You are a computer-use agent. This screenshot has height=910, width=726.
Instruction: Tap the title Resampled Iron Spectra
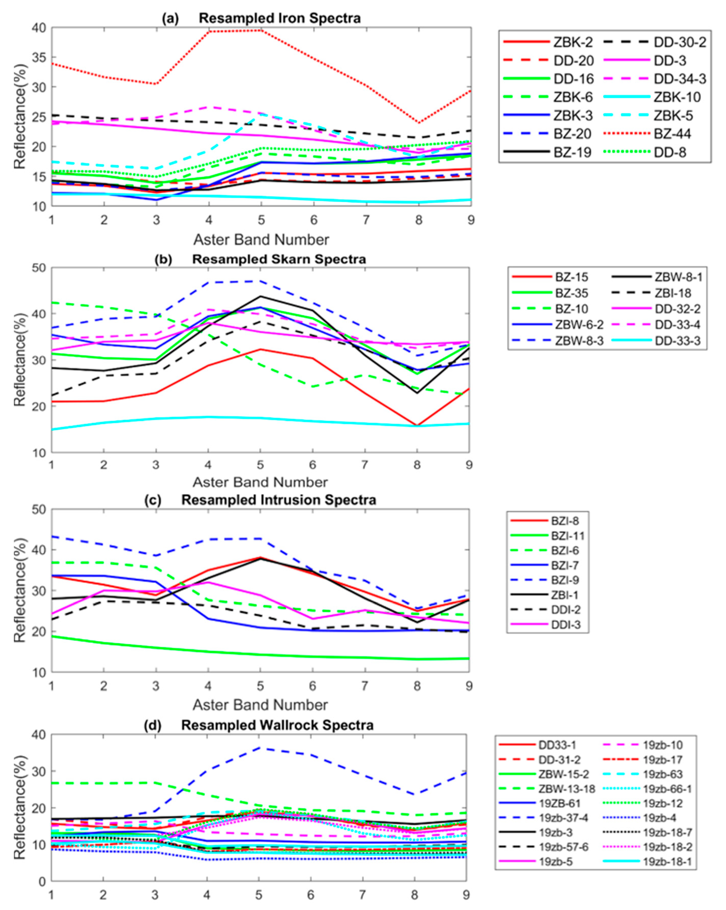[279, 19]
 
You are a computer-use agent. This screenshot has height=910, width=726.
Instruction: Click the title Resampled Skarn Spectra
[279, 259]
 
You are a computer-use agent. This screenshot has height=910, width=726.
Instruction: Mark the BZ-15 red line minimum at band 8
[417, 425]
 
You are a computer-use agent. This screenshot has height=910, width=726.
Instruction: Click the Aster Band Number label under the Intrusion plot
[260, 705]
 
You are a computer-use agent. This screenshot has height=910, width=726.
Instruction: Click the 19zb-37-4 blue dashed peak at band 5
[259, 748]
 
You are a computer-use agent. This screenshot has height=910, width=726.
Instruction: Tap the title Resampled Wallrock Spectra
[277, 725]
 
